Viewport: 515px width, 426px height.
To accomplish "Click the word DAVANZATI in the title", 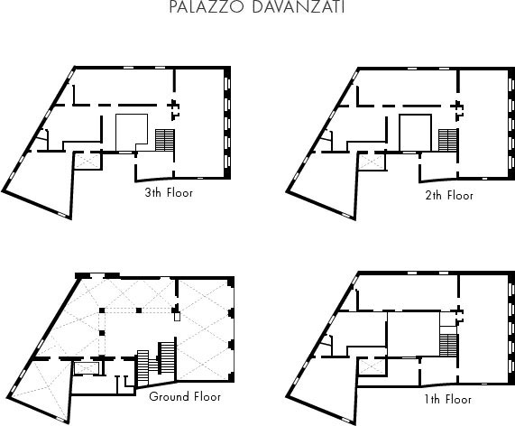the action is (x=299, y=6).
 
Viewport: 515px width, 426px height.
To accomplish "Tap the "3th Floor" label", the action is (x=169, y=192).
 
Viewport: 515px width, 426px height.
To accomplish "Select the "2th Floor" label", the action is (x=449, y=196).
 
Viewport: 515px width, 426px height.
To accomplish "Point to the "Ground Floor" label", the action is (x=185, y=396).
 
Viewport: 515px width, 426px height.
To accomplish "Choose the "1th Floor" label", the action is (x=447, y=400).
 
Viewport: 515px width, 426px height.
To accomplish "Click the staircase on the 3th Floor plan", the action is (x=164, y=141).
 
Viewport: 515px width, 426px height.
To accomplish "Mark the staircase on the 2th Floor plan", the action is (x=447, y=141).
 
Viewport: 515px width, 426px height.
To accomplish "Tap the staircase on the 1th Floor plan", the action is (x=448, y=345).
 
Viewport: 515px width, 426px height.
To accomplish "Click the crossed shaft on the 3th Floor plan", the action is (x=87, y=162).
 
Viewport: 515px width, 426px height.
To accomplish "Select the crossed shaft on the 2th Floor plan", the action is (x=371, y=162).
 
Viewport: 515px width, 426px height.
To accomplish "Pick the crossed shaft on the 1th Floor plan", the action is (x=372, y=366).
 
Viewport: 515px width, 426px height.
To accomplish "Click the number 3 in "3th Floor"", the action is (x=148, y=192).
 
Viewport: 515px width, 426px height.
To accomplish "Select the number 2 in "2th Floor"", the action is (x=428, y=196).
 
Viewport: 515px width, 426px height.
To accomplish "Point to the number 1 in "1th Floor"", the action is (x=426, y=400).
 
